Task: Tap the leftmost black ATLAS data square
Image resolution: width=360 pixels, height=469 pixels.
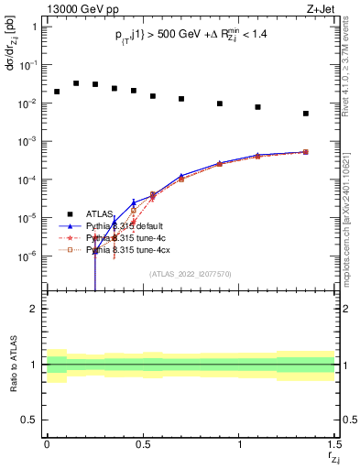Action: tap(57, 92)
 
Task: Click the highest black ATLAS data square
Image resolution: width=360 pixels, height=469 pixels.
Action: tap(76, 82)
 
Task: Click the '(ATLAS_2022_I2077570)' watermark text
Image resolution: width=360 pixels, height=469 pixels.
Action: tap(190, 273)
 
